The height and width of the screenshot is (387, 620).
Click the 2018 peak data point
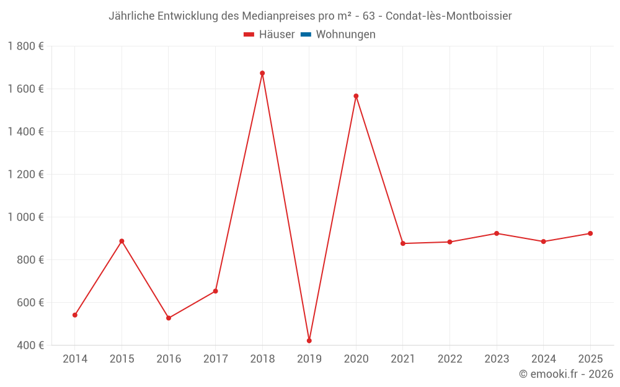pyautogui.click(x=262, y=73)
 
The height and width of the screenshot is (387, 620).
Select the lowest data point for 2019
pyautogui.click(x=309, y=341)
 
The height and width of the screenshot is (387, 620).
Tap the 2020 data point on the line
pyautogui.click(x=356, y=96)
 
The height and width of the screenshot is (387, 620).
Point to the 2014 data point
pyautogui.click(x=75, y=315)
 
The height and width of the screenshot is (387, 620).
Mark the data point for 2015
pyautogui.click(x=122, y=241)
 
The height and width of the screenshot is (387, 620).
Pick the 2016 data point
pyautogui.click(x=169, y=318)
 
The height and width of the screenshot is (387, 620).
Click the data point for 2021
pyautogui.click(x=403, y=243)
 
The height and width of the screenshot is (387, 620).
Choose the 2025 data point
pyautogui.click(x=590, y=233)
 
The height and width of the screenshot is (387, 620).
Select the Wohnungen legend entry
pyautogui.click(x=345, y=35)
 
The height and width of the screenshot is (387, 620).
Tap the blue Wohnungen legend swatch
pyautogui.click(x=306, y=35)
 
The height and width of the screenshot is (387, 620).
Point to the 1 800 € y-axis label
pyautogui.click(x=25, y=46)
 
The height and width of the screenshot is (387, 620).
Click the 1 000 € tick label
pyautogui.click(x=25, y=217)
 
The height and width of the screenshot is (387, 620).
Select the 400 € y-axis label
pyautogui.click(x=30, y=345)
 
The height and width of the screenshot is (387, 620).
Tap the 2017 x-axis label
pyautogui.click(x=215, y=359)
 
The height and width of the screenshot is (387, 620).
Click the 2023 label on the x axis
pyautogui.click(x=497, y=359)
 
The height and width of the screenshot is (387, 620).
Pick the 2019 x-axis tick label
pyautogui.click(x=309, y=359)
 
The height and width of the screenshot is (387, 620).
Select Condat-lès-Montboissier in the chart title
pyautogui.click(x=448, y=16)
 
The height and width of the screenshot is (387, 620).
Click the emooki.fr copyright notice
pyautogui.click(x=566, y=374)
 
